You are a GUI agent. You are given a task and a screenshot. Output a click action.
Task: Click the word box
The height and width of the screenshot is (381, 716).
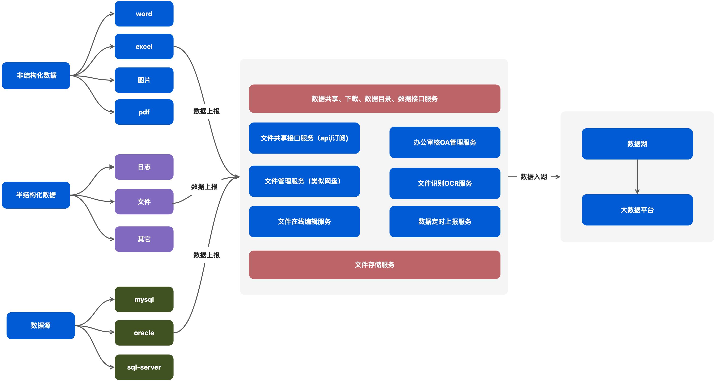point(144,14)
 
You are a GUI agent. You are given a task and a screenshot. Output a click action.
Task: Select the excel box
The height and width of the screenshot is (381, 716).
point(144,46)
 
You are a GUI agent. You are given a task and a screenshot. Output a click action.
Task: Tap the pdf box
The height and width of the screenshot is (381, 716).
point(144,112)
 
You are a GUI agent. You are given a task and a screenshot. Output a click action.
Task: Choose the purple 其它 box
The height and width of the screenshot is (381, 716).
point(144,239)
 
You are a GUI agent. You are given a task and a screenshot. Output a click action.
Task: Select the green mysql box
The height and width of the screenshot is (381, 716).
point(144,299)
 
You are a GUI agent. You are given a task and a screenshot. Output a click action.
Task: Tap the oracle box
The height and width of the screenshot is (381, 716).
point(144,333)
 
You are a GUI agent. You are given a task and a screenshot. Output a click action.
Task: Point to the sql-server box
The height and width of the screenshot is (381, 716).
point(144,367)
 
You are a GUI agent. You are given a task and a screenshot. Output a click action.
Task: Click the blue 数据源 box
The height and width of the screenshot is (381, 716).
point(41,325)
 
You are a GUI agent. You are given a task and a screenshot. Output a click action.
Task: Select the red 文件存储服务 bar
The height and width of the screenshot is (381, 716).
point(374,265)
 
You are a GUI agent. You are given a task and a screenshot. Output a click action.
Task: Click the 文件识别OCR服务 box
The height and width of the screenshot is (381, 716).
point(445,183)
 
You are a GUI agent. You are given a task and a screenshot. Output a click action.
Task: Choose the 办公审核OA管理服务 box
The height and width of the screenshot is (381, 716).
point(445,142)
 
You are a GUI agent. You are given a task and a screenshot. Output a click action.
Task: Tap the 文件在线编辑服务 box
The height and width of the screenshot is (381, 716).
point(304,221)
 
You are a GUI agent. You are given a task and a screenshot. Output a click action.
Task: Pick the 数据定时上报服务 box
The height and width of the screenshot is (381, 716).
point(445,221)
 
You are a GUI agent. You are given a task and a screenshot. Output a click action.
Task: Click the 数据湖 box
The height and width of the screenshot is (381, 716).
point(637,144)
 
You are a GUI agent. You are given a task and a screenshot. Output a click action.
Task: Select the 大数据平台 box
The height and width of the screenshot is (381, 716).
point(637,210)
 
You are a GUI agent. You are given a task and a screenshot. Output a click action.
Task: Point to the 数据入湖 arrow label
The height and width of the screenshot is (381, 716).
point(534,177)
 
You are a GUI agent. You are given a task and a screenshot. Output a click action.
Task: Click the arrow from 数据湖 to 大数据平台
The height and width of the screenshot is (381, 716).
point(637,177)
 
